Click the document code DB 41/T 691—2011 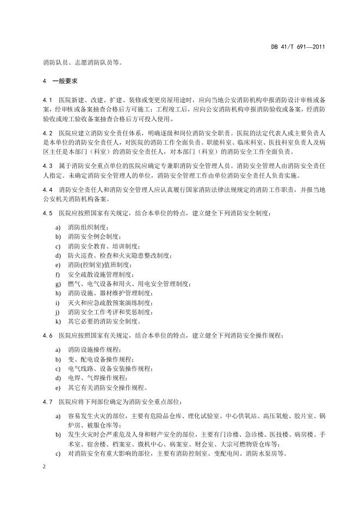coord(299,47)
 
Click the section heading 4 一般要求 coord(60,81)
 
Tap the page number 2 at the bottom coord(44,467)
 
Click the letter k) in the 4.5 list coord(58,321)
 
